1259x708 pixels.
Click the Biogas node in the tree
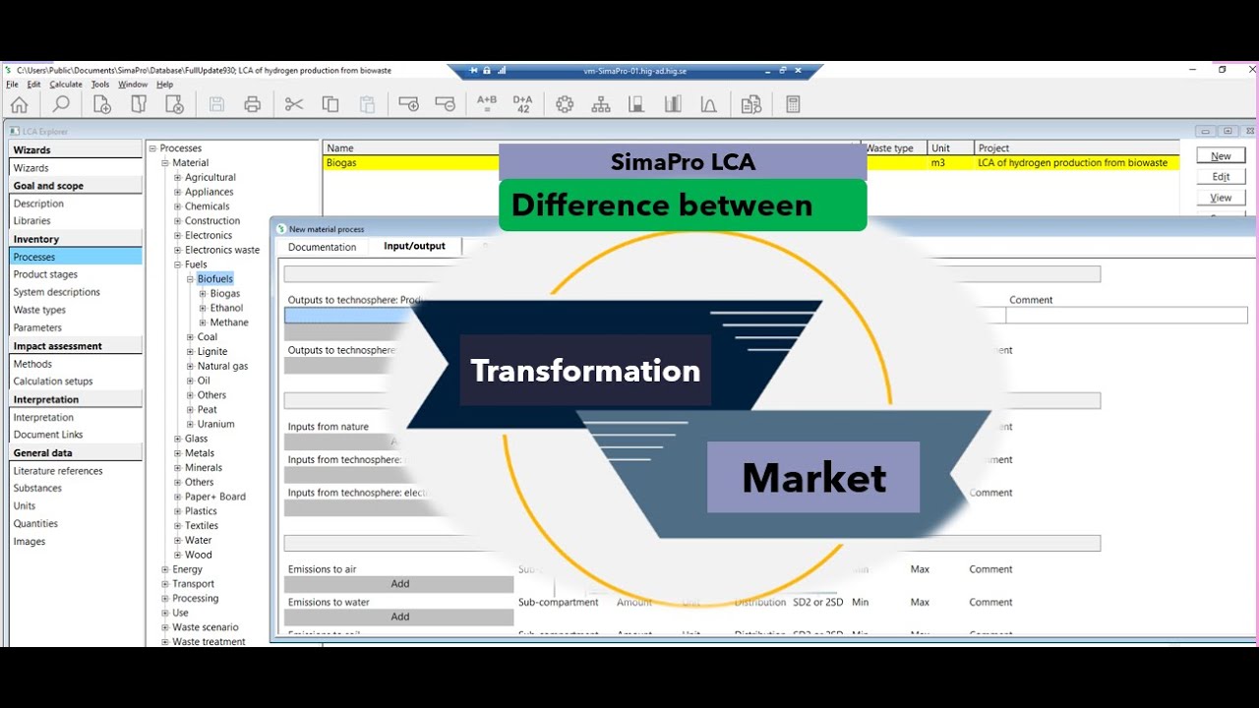click(x=224, y=293)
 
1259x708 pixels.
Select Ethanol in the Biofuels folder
click(x=226, y=308)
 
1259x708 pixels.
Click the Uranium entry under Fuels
click(x=215, y=424)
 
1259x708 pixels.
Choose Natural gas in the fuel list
click(x=222, y=366)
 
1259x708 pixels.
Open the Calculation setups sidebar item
click(x=53, y=382)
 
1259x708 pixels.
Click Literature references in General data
click(x=58, y=471)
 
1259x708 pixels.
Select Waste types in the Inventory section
click(x=40, y=310)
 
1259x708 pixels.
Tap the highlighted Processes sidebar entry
click(x=34, y=257)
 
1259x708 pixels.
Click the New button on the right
click(x=1221, y=155)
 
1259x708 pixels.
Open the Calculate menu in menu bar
click(x=66, y=85)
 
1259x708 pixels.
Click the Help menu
click(x=164, y=85)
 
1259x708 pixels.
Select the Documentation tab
click(x=322, y=247)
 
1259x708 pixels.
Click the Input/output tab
click(x=414, y=246)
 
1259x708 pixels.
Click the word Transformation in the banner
click(x=585, y=371)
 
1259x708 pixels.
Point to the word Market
click(x=813, y=478)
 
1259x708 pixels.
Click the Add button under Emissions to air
click(x=399, y=584)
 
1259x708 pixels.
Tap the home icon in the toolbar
click(x=19, y=104)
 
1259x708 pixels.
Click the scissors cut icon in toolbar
click(x=293, y=104)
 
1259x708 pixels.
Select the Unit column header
click(x=940, y=148)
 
